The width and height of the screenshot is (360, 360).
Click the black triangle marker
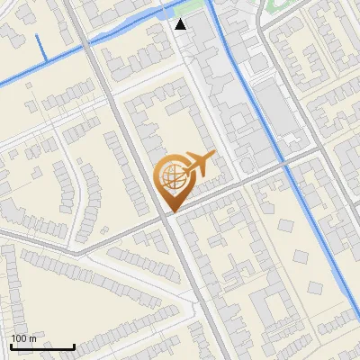[182, 24]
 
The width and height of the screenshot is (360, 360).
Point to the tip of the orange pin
[170, 211]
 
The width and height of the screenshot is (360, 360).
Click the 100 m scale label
[23, 338]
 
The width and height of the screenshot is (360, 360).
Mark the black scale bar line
[42, 346]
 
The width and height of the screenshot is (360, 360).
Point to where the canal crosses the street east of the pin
[286, 166]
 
